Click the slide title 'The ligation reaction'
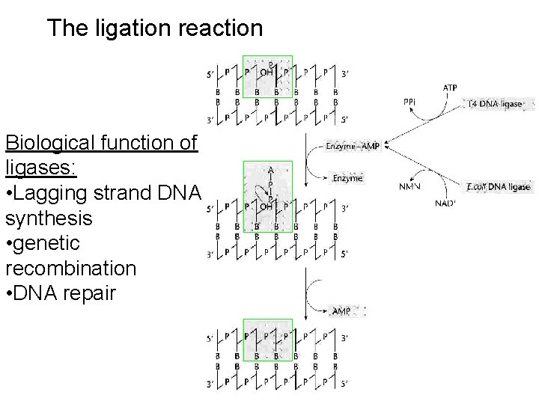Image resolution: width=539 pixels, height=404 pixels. (x=154, y=28)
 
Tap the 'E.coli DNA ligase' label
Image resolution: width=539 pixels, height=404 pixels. (x=498, y=187)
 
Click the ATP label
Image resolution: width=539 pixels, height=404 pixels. (x=450, y=88)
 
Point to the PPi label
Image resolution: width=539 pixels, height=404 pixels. (x=411, y=101)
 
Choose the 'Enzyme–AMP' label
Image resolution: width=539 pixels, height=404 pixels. (x=353, y=147)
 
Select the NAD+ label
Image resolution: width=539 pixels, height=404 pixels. (x=445, y=203)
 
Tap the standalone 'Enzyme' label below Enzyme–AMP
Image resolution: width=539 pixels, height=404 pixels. (x=347, y=178)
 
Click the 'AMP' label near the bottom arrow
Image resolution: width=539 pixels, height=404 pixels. (x=341, y=310)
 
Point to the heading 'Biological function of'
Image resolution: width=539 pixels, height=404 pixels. (x=100, y=142)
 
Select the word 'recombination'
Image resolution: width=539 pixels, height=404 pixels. (x=70, y=268)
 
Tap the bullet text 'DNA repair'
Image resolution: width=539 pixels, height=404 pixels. (x=66, y=293)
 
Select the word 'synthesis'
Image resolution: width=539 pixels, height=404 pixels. (x=49, y=218)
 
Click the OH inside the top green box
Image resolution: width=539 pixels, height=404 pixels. (x=267, y=73)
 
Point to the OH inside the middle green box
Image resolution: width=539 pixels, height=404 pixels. (x=267, y=207)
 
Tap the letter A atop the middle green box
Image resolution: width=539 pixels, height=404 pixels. (x=269, y=170)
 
